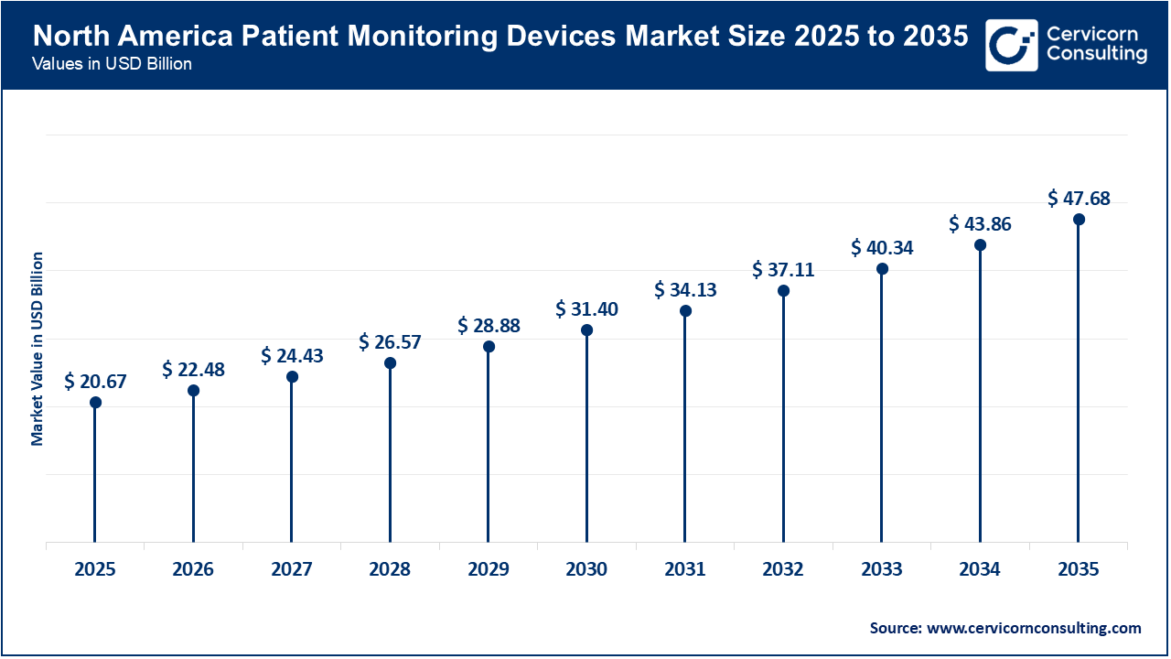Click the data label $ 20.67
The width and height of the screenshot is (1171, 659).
coord(95,382)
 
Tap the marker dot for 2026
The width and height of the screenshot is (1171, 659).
coord(193,391)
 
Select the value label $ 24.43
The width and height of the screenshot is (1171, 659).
coord(292,355)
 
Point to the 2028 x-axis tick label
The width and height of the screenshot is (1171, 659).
coord(390,569)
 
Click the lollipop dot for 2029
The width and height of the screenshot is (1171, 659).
coord(489,347)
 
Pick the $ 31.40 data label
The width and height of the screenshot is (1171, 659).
coord(586,309)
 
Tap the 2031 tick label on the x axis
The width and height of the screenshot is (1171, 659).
coord(684,569)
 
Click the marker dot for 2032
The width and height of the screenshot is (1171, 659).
coord(783,291)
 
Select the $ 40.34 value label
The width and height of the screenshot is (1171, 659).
coord(882,248)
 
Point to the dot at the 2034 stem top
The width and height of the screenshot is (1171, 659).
coord(980,245)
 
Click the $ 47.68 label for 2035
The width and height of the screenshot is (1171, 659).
coord(1079,199)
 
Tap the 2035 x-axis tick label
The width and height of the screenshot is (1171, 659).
coord(1078,569)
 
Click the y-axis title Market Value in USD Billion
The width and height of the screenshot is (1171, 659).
coord(38,349)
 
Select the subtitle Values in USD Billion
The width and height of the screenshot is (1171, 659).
coord(111,65)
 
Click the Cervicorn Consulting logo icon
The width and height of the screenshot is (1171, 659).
coord(1011,45)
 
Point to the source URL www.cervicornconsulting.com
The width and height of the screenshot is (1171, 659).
coord(1033,628)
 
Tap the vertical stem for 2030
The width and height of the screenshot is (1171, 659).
coord(586,439)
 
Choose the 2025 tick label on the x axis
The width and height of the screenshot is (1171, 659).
coord(95,569)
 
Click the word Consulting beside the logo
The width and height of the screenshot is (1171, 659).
coord(1096,54)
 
